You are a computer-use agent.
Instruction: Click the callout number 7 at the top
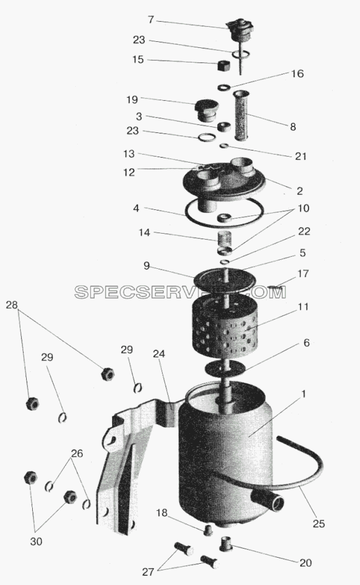[151, 19]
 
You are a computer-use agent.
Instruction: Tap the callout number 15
[138, 59]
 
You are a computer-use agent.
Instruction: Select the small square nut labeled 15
[223, 66]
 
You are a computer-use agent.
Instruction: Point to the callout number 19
[132, 100]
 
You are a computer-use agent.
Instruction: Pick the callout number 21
[301, 156]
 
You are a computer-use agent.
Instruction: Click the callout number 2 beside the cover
[299, 191]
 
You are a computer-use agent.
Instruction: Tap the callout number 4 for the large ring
[136, 208]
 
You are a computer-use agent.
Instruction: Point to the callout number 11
[304, 306]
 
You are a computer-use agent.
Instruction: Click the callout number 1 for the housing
[304, 394]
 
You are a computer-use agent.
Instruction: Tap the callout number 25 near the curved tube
[319, 524]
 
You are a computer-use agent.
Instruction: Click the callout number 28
[12, 305]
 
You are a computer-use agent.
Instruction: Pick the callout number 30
[36, 541]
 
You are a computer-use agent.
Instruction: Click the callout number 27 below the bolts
[148, 572]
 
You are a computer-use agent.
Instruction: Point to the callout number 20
[305, 563]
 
